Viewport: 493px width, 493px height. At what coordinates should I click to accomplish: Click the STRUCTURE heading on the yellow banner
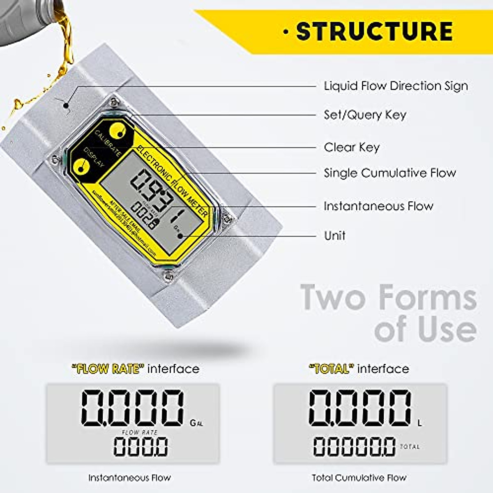click(374, 32)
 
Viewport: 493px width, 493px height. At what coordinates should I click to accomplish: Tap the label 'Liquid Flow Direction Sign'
click(396, 86)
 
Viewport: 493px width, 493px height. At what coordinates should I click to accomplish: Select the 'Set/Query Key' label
click(365, 115)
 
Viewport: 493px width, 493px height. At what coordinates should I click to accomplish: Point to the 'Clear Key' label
click(352, 147)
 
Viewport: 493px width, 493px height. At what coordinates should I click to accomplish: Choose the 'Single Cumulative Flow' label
click(389, 173)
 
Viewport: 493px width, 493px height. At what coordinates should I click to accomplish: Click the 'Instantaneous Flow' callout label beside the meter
click(378, 206)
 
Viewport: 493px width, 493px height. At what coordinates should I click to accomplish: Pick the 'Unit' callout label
click(334, 235)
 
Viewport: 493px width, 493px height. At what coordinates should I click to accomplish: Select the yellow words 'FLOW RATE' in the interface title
click(108, 369)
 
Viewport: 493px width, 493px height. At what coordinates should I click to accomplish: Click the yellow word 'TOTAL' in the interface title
click(331, 369)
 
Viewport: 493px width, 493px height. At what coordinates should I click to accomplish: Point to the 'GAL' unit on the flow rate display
click(196, 423)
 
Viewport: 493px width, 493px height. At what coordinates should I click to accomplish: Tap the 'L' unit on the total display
click(419, 423)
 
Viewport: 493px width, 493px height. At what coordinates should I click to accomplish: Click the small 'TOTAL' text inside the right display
click(410, 447)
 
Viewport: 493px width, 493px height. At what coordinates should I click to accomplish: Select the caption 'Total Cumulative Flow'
click(359, 478)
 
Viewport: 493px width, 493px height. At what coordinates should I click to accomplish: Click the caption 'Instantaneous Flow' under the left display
click(129, 478)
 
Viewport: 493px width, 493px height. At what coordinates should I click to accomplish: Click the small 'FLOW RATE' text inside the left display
click(140, 432)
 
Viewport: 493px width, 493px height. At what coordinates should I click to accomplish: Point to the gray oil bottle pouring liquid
click(25, 21)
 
